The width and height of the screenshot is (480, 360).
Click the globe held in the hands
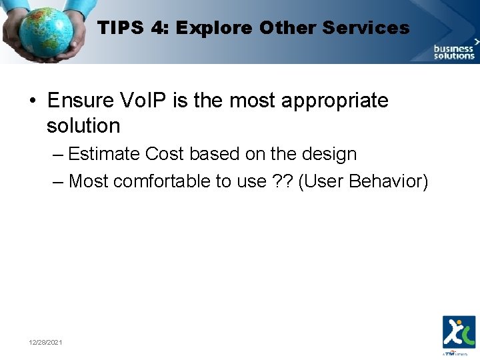45,31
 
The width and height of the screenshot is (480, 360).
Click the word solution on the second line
83,125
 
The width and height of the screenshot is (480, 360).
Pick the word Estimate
105,154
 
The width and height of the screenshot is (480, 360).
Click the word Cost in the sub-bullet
165,154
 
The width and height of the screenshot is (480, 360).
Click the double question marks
282,181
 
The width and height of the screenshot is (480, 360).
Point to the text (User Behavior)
363,181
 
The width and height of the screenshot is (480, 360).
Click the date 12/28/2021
45,342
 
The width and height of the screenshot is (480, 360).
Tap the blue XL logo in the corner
459,331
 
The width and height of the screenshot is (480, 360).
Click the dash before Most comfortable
58,181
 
